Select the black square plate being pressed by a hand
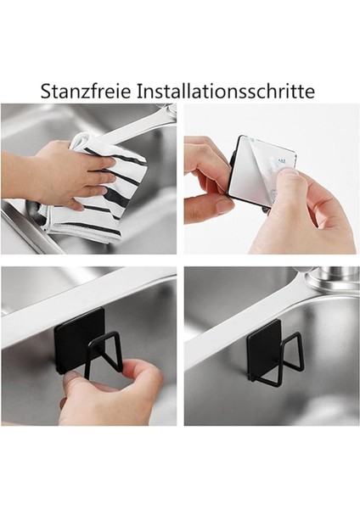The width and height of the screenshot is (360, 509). [81, 335]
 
